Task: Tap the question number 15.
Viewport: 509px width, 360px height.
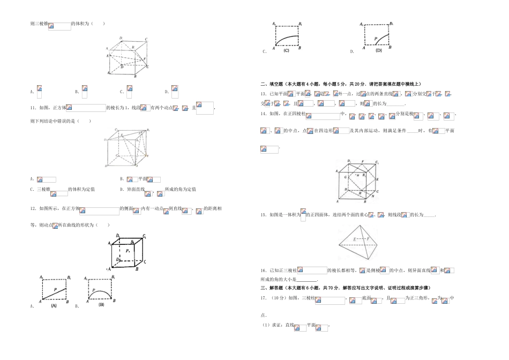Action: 263,215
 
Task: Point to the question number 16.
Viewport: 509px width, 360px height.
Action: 263,271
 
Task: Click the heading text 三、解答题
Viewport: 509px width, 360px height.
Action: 273,288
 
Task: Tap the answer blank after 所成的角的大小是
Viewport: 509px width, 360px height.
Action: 306,279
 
